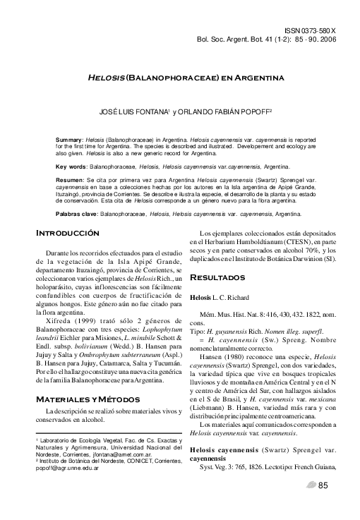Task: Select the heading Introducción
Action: click(68, 233)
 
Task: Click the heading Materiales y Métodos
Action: click(83, 400)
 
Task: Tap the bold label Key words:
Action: click(72, 167)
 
